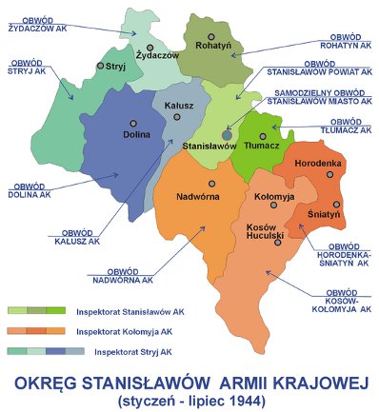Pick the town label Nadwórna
coord(200,197)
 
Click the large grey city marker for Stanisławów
coord(227,135)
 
